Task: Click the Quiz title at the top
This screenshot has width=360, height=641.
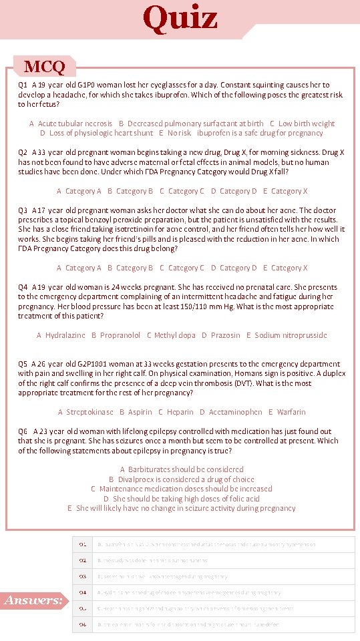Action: (180, 18)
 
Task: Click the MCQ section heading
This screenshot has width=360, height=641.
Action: (44, 67)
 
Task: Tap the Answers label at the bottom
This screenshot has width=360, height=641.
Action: (33, 600)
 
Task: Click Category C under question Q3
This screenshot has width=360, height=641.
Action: (182, 268)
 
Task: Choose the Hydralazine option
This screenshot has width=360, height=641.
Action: (61, 335)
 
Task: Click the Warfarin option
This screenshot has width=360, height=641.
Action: (287, 412)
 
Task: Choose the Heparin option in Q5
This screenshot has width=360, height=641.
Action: (176, 412)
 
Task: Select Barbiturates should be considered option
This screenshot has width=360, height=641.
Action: (182, 469)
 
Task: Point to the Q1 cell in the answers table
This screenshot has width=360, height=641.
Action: (83, 544)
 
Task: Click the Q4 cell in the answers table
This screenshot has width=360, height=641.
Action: (83, 592)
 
